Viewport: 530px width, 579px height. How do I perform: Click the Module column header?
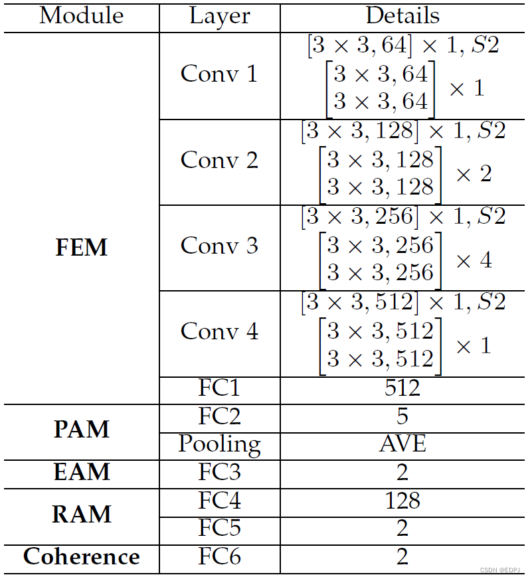pyautogui.click(x=81, y=16)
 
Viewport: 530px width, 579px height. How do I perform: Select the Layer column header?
pyautogui.click(x=219, y=16)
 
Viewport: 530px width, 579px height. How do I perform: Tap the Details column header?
pyautogui.click(x=402, y=16)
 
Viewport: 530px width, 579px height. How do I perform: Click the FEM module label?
pyautogui.click(x=81, y=248)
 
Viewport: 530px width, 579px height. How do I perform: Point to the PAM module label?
pyautogui.click(x=81, y=430)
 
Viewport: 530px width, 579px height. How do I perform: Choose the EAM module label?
pyautogui.click(x=81, y=472)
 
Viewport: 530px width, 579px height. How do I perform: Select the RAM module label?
pyautogui.click(x=81, y=515)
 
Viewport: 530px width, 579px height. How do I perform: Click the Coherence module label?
pyautogui.click(x=81, y=556)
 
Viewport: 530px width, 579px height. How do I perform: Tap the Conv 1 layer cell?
pyautogui.click(x=219, y=74)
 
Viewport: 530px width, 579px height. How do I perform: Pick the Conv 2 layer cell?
pyautogui.click(x=219, y=160)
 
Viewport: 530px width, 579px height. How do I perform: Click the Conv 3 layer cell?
pyautogui.click(x=219, y=246)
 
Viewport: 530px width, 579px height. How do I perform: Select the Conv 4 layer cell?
pyautogui.click(x=219, y=331)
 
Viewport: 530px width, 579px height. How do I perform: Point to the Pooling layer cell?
pyautogui.click(x=219, y=444)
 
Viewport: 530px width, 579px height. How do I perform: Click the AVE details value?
pyautogui.click(x=402, y=444)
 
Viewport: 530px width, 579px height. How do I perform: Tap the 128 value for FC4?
pyautogui.click(x=402, y=500)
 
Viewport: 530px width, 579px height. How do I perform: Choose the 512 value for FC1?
pyautogui.click(x=402, y=388)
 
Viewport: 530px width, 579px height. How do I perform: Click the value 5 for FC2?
pyautogui.click(x=402, y=416)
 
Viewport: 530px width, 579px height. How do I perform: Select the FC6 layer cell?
pyautogui.click(x=219, y=556)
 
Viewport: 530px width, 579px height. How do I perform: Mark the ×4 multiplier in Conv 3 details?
pyautogui.click(x=473, y=260)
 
